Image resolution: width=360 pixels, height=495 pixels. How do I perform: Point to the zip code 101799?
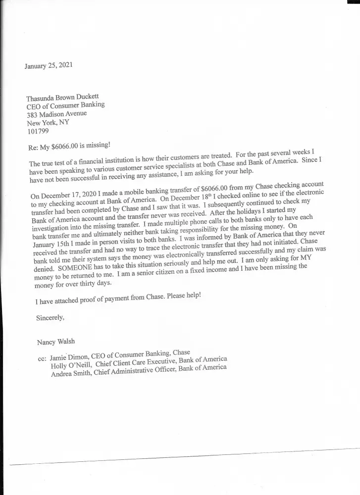[x=39, y=132]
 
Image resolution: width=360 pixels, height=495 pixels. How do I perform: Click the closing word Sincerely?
[x=50, y=317]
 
